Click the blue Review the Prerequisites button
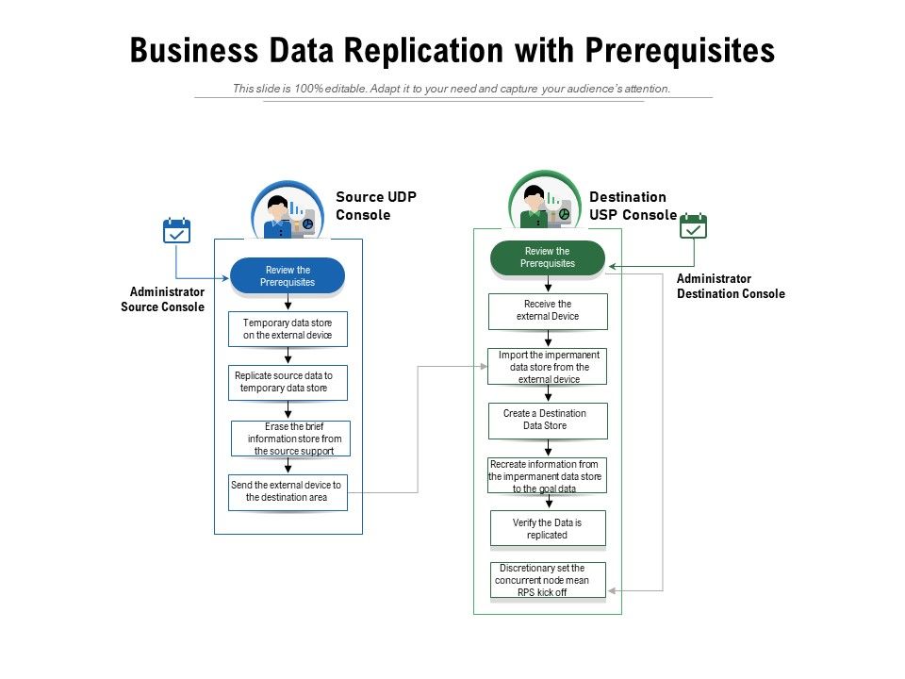tap(288, 276)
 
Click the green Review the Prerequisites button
tap(548, 258)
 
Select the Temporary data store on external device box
tap(288, 329)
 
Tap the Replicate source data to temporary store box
tap(288, 382)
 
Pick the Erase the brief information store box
tap(290, 439)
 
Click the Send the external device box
tap(288, 491)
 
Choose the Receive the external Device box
tap(548, 311)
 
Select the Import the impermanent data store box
tap(548, 367)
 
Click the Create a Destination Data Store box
tap(548, 421)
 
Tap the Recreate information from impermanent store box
tap(547, 476)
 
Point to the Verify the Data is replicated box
tap(548, 529)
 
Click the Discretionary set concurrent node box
tap(548, 580)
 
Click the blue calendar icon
tap(177, 231)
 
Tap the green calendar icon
tap(694, 226)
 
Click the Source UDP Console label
tap(376, 206)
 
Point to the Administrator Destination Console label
tap(730, 286)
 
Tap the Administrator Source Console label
tap(163, 300)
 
